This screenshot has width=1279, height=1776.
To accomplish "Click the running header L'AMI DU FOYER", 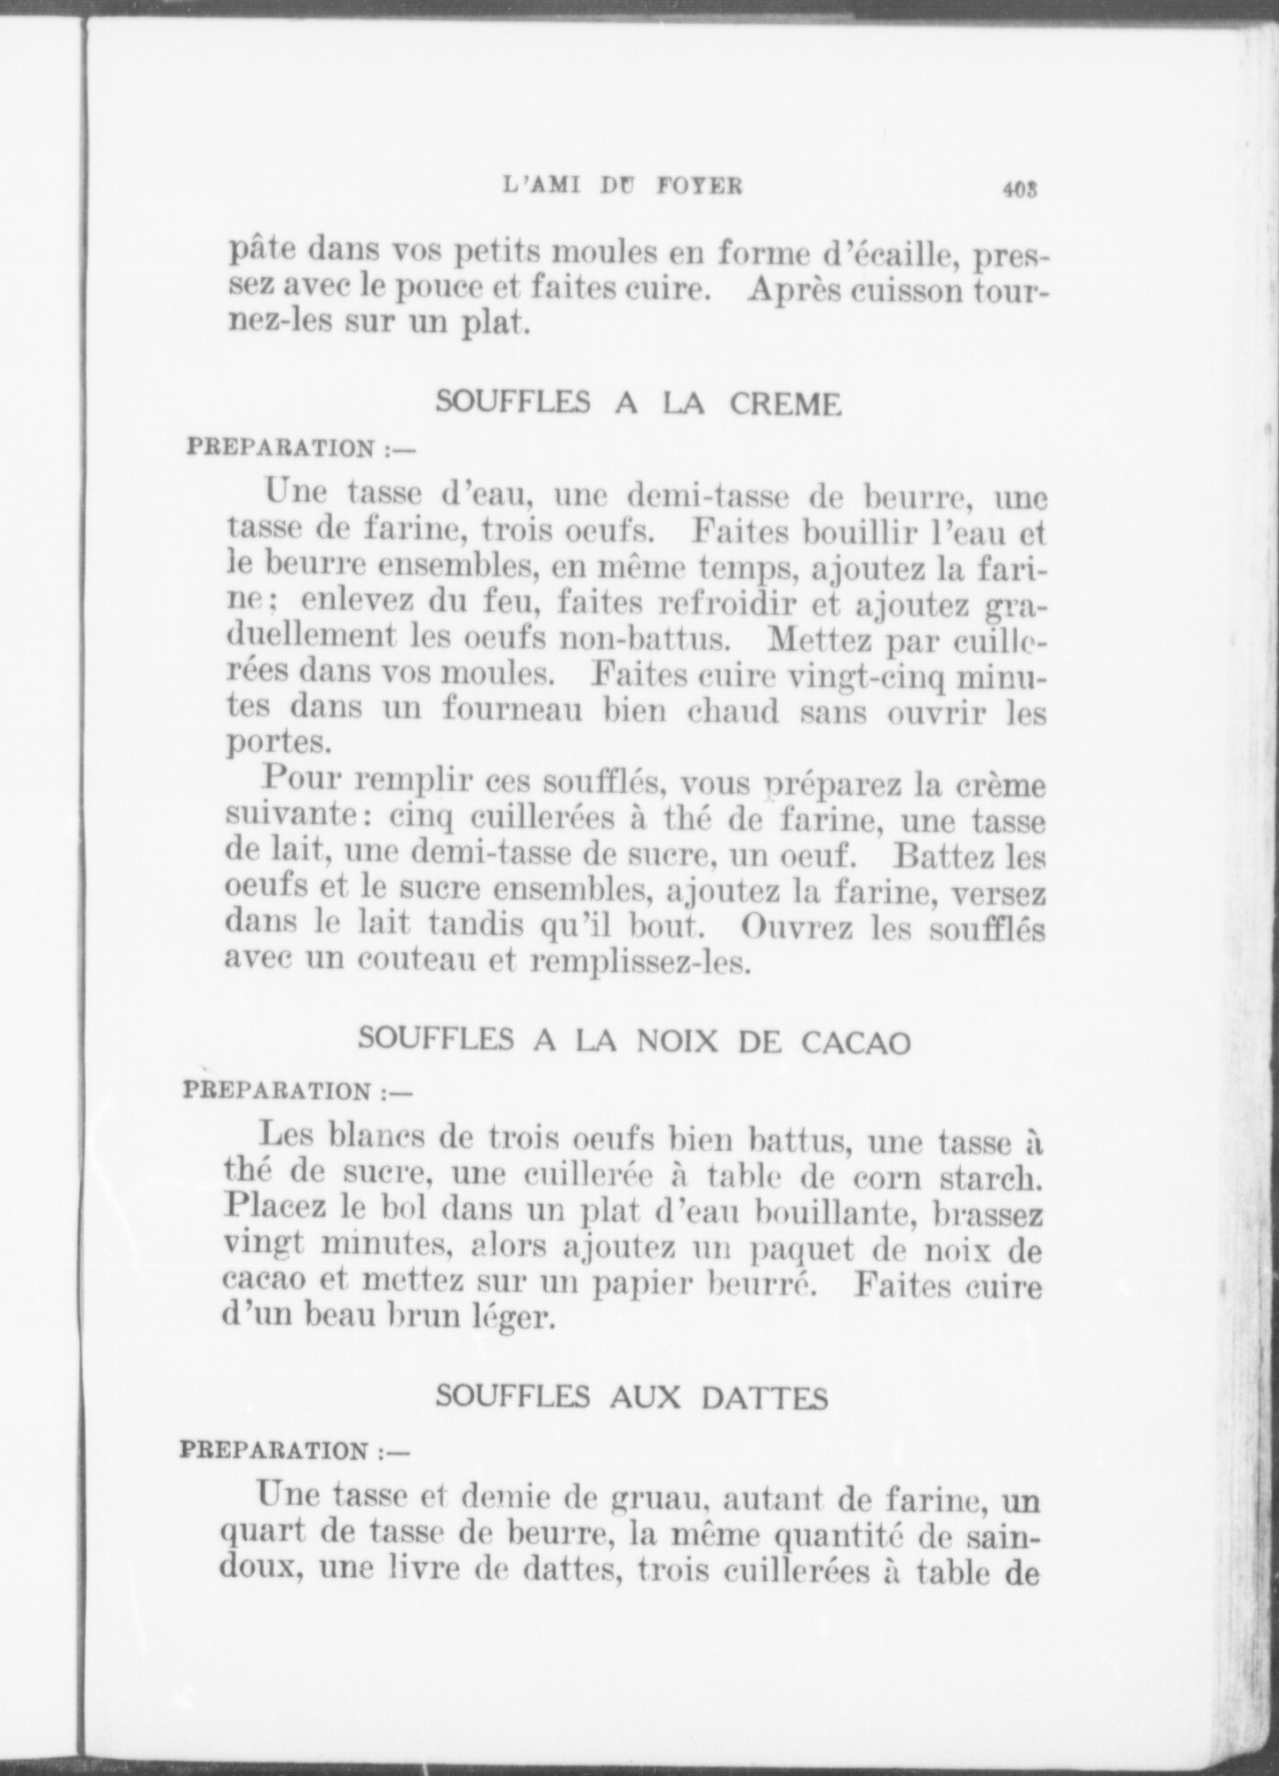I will [x=622, y=186].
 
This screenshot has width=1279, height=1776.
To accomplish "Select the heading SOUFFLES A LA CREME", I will [x=638, y=404].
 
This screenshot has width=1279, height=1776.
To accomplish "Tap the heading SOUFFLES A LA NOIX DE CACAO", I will [x=634, y=1040].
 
